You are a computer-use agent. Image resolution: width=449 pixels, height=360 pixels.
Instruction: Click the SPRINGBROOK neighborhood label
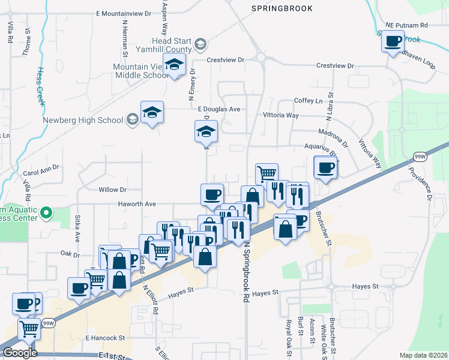click(x=282, y=9)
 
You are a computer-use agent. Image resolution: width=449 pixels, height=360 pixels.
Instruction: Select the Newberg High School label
click(x=83, y=119)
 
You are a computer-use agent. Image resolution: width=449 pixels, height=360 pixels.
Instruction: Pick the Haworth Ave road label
click(x=137, y=204)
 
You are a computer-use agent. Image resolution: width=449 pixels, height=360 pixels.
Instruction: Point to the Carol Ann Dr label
click(x=41, y=170)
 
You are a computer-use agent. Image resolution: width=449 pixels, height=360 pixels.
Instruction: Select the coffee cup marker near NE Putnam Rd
click(x=394, y=42)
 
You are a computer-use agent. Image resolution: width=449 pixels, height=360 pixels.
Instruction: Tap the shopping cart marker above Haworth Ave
click(x=267, y=173)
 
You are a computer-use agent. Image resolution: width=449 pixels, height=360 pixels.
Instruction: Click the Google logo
click(x=20, y=353)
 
